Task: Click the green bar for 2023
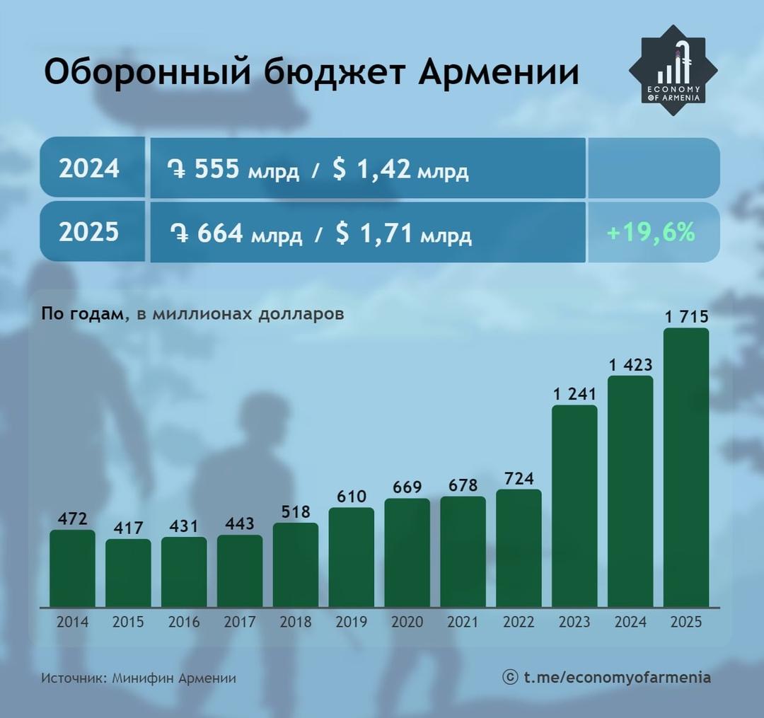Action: tap(574, 506)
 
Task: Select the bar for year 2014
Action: tap(72, 568)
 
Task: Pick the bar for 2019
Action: tap(352, 557)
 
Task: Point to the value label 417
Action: tap(128, 528)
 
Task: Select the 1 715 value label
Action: tap(686, 316)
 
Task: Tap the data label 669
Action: tap(407, 487)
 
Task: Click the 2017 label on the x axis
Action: tap(240, 623)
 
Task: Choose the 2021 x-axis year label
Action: tap(463, 623)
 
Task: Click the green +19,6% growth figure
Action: tap(652, 232)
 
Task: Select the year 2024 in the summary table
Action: tap(89, 169)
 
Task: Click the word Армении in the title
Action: tap(499, 73)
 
